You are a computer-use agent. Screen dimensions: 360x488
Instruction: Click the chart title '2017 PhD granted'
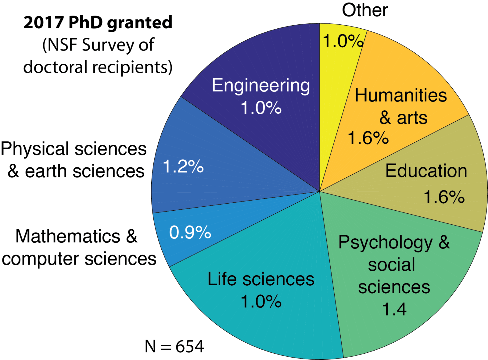98,23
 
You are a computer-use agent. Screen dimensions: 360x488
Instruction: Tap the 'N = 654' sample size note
174,347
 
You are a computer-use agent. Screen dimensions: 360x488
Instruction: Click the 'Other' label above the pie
365,10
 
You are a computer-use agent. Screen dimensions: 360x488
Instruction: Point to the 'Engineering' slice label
261,85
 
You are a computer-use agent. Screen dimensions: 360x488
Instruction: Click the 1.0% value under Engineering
261,108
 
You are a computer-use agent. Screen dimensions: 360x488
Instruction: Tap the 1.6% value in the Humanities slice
368,138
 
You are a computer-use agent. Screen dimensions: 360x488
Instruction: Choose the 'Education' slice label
426,171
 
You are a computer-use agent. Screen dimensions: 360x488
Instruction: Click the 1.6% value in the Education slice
444,197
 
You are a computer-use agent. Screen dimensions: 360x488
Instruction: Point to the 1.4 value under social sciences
394,309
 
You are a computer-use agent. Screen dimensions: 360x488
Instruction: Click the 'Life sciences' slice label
261,279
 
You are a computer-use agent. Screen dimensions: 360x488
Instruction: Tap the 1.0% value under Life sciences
261,301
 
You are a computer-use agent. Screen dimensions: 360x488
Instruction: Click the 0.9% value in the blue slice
190,232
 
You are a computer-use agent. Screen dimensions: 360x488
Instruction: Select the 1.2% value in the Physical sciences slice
183,166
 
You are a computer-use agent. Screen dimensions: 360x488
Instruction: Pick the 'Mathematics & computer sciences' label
79,248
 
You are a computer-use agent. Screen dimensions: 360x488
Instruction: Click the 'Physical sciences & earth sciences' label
74,160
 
